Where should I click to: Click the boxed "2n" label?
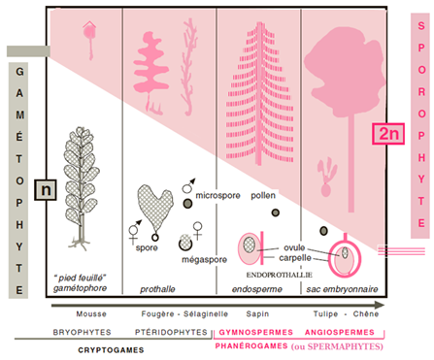(388, 134)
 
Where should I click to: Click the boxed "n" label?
(46, 190)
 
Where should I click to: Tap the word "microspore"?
(217, 195)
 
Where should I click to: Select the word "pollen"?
(263, 195)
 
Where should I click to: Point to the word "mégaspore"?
(204, 260)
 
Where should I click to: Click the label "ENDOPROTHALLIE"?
(279, 275)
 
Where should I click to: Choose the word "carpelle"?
(295, 258)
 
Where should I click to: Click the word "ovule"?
(294, 247)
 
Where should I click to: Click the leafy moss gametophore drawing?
(81, 187)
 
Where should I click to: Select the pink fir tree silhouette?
(260, 94)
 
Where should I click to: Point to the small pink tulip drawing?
(327, 178)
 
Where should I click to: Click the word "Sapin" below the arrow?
(257, 313)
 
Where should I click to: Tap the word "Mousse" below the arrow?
(91, 313)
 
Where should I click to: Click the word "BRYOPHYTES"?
(82, 332)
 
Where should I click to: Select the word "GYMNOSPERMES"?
(256, 332)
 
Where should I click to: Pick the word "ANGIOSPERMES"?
(340, 332)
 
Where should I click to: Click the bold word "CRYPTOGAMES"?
(111, 350)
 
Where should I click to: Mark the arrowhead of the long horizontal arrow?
(380, 305)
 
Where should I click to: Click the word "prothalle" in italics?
(157, 289)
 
